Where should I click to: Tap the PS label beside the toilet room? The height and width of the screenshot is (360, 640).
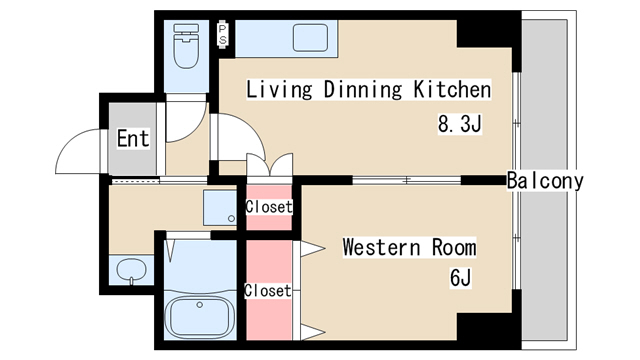click(x=223, y=36)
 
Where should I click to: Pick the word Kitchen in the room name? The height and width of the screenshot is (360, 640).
click(x=452, y=90)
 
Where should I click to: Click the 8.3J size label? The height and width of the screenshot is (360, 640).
click(x=460, y=125)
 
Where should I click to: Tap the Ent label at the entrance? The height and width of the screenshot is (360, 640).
click(x=132, y=138)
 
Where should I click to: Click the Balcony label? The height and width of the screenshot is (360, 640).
click(x=544, y=181)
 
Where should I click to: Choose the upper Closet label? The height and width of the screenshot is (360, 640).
click(x=269, y=207)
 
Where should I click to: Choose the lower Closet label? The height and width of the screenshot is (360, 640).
click(x=268, y=291)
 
